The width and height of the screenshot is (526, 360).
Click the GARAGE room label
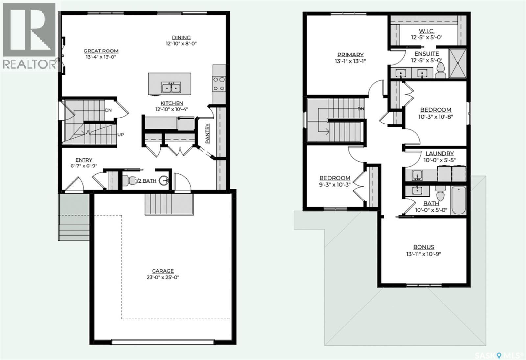click(163, 271)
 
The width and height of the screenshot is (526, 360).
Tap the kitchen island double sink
click(171, 87)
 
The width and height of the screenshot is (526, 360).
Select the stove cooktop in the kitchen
click(219, 84)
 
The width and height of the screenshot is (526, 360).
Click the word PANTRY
click(208, 133)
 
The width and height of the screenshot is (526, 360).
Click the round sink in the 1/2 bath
click(164, 180)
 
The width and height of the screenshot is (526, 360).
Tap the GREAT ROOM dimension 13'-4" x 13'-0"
click(101, 57)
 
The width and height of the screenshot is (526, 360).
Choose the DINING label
click(181, 37)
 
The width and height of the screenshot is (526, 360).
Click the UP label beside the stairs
click(120, 135)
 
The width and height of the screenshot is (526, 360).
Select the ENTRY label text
click(84, 160)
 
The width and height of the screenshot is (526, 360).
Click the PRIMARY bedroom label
click(350, 55)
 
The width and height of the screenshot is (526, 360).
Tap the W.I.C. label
click(427, 31)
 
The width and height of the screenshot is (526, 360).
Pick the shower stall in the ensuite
click(457, 63)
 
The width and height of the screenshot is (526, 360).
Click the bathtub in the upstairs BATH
click(459, 200)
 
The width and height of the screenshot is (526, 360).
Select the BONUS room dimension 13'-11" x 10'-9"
click(424, 254)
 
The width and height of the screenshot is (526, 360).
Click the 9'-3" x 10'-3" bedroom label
click(335, 185)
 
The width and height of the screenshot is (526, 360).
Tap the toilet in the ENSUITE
click(441, 70)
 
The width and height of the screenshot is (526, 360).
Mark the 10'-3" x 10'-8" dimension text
click(436, 117)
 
